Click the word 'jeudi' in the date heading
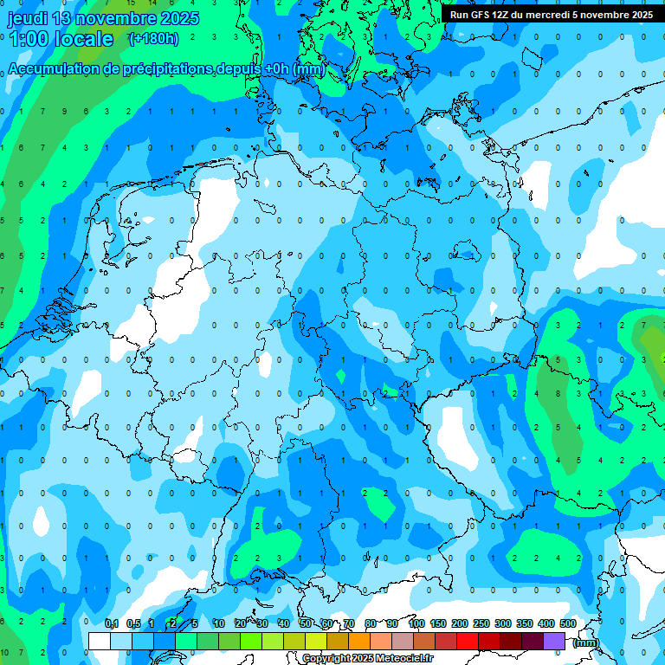coord(27,18)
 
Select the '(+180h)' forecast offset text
coord(153,39)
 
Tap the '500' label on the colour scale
coord(567,623)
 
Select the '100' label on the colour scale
coord(416,623)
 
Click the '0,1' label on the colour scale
coord(112,623)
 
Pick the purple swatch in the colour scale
coord(554,641)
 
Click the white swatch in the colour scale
coord(100,641)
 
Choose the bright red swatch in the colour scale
coord(467,641)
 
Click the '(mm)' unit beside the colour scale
coord(586,642)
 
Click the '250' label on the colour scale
coord(481,623)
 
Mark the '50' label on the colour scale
coord(306,623)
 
